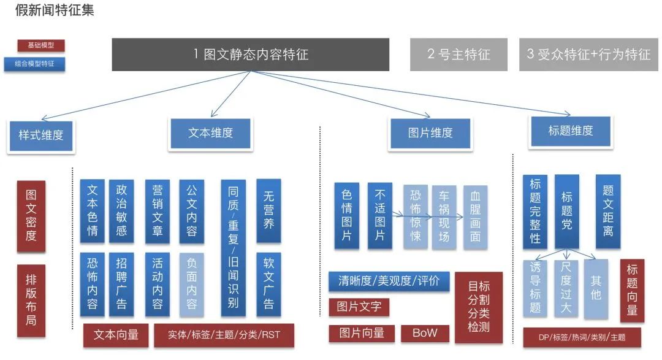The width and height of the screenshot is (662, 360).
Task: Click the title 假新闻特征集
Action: click(x=55, y=10)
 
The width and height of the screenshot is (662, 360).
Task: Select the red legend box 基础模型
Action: click(x=41, y=45)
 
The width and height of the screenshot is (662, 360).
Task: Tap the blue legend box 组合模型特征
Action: click(x=34, y=64)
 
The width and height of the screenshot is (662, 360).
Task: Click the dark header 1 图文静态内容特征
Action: click(x=250, y=55)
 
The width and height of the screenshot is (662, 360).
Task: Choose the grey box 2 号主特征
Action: click(x=458, y=55)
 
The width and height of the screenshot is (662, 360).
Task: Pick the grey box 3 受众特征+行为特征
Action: click(x=588, y=55)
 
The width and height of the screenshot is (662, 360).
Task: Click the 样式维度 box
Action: click(x=41, y=135)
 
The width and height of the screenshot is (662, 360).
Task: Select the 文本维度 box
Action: click(x=210, y=133)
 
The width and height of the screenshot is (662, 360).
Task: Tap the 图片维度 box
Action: click(x=430, y=133)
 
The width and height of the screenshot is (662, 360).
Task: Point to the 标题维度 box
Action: click(x=571, y=131)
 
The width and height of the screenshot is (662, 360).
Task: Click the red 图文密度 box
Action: click(x=31, y=216)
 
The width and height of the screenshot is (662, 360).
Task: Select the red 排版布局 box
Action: click(x=31, y=301)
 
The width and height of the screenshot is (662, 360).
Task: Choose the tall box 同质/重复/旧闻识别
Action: click(x=233, y=248)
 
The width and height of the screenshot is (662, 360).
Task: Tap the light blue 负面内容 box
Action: click(x=192, y=285)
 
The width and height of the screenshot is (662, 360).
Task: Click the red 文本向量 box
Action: click(x=116, y=335)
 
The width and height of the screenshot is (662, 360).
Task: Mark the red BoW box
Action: click(x=425, y=333)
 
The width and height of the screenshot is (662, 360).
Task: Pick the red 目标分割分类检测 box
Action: click(x=479, y=307)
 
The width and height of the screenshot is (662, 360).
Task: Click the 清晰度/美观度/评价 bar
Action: click(x=389, y=281)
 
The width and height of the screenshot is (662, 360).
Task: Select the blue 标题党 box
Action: click(x=566, y=211)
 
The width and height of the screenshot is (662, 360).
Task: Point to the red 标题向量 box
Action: click(x=632, y=290)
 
